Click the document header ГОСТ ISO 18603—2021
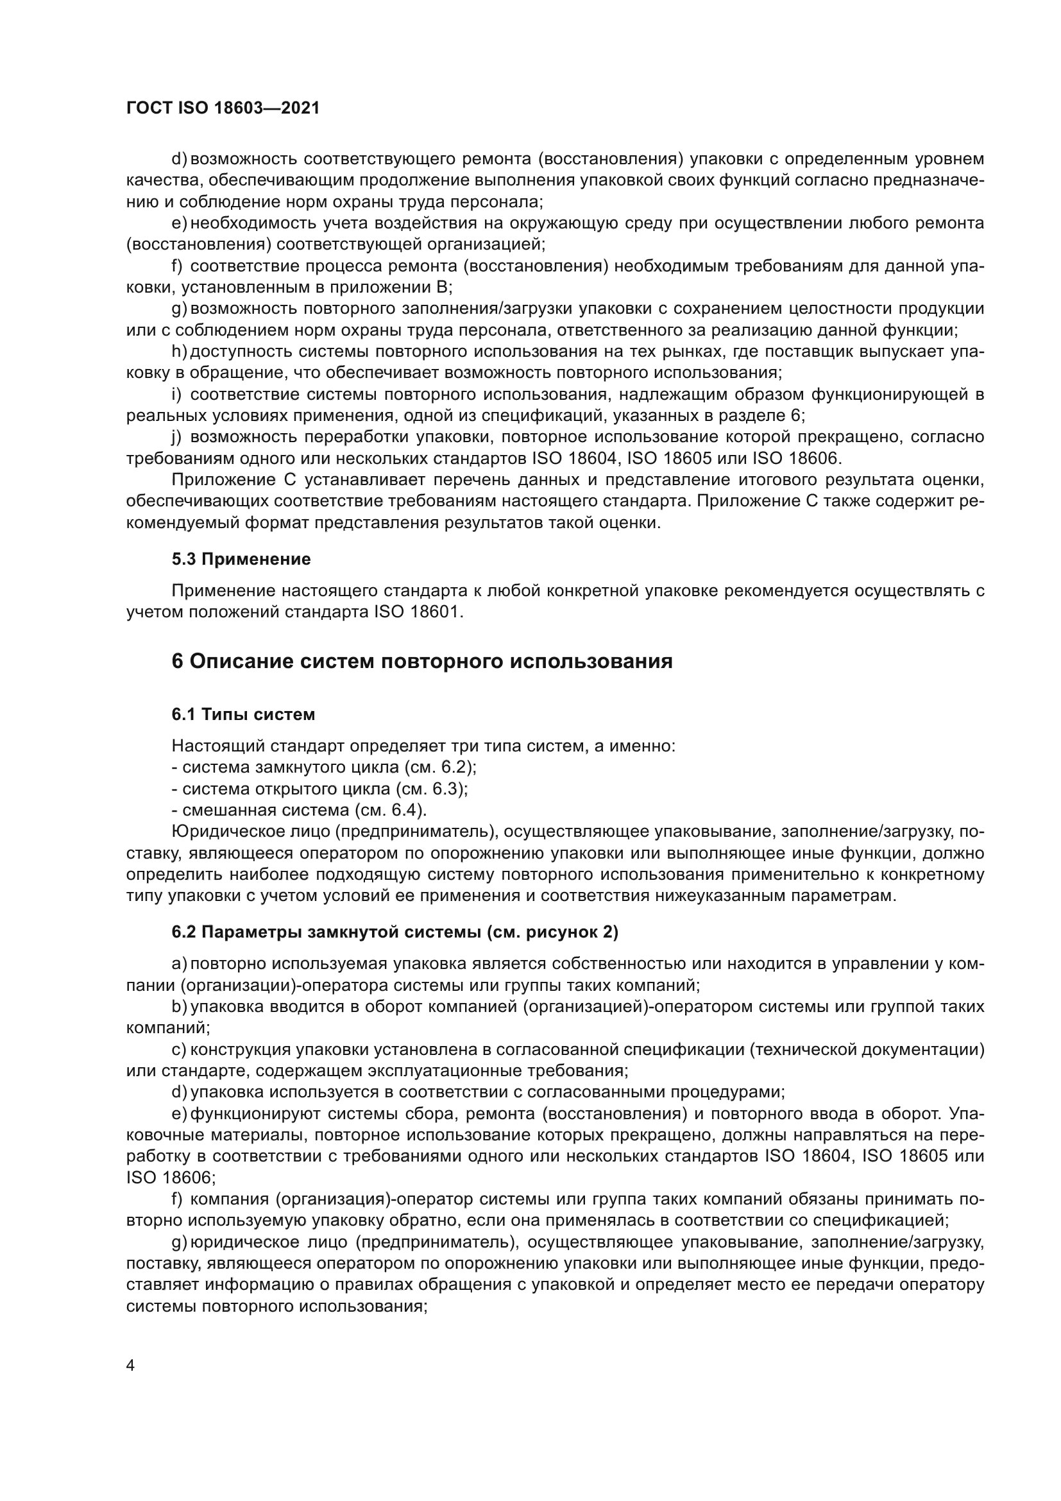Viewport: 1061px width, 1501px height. (223, 108)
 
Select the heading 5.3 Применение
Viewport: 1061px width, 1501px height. (241, 559)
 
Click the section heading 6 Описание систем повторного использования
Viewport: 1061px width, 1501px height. (421, 661)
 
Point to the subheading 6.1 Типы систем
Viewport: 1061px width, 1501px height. (243, 714)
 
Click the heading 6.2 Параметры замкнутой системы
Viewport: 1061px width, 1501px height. (395, 932)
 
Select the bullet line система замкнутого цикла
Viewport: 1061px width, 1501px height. (323, 767)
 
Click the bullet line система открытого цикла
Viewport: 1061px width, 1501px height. (319, 789)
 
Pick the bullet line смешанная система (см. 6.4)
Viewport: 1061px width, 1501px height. (298, 810)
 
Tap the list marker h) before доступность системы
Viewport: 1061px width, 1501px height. (179, 352)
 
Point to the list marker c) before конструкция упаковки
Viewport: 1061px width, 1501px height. (179, 1049)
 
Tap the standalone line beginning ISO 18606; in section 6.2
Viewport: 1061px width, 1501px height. (171, 1178)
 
